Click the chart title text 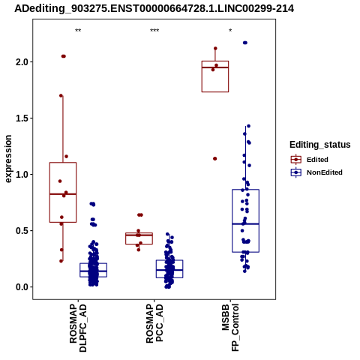click(x=154, y=9)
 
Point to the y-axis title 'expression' click(x=8, y=159)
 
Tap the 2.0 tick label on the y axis click(x=22, y=62)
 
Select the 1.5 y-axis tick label click(x=22, y=118)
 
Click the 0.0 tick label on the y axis click(x=22, y=287)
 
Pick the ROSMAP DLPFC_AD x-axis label click(x=78, y=328)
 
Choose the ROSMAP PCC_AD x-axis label click(x=154, y=323)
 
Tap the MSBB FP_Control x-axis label click(x=230, y=328)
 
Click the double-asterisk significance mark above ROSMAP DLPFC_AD click(x=78, y=31)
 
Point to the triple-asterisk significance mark click(x=154, y=31)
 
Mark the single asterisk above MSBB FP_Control click(x=230, y=31)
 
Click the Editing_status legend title click(x=320, y=145)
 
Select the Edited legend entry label click(x=317, y=160)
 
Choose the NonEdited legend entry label click(x=325, y=172)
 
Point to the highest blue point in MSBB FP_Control click(x=245, y=43)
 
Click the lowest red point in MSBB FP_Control click(x=214, y=159)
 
